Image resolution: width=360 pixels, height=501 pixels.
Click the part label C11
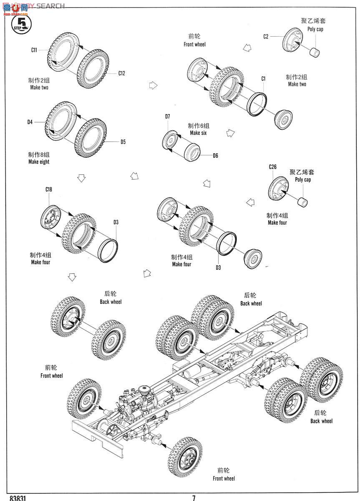click(34, 50)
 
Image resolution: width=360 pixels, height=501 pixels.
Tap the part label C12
click(121, 73)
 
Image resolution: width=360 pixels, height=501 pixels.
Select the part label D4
click(30, 122)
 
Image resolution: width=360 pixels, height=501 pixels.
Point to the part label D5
click(123, 142)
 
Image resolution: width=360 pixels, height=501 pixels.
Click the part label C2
click(266, 36)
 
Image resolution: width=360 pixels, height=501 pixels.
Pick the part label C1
click(263, 78)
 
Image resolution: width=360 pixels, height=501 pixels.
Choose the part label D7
click(167, 116)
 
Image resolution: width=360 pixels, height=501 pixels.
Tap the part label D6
click(215, 156)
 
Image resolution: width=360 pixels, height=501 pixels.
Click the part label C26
click(272, 167)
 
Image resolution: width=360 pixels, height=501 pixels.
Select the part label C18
click(49, 189)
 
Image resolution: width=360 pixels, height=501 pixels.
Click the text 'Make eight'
click(39, 162)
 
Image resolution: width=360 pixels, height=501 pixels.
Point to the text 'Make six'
click(198, 133)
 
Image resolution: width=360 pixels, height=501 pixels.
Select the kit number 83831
click(17, 498)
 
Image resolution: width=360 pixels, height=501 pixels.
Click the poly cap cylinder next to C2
click(315, 53)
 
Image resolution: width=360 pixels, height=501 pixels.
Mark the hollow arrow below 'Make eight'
click(81, 179)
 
